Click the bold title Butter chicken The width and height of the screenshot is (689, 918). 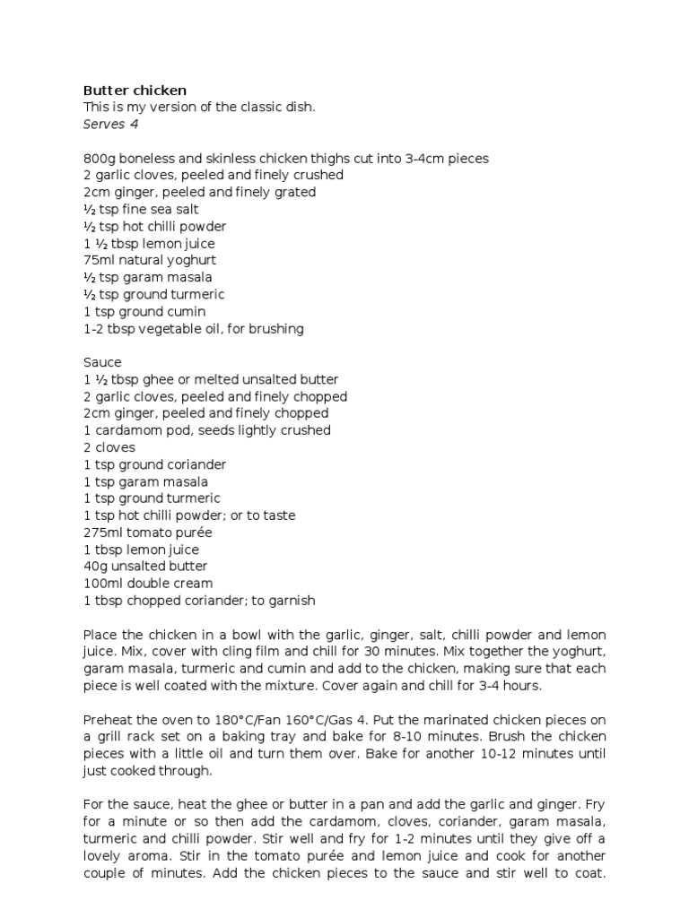point(135,90)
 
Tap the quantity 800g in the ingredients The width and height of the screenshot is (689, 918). point(99,159)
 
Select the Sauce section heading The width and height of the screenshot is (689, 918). point(102,362)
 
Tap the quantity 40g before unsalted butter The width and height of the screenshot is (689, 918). point(95,567)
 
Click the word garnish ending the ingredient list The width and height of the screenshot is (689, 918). point(291,601)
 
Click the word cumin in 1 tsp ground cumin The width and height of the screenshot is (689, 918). point(187,311)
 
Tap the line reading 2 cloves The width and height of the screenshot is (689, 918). point(109,447)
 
